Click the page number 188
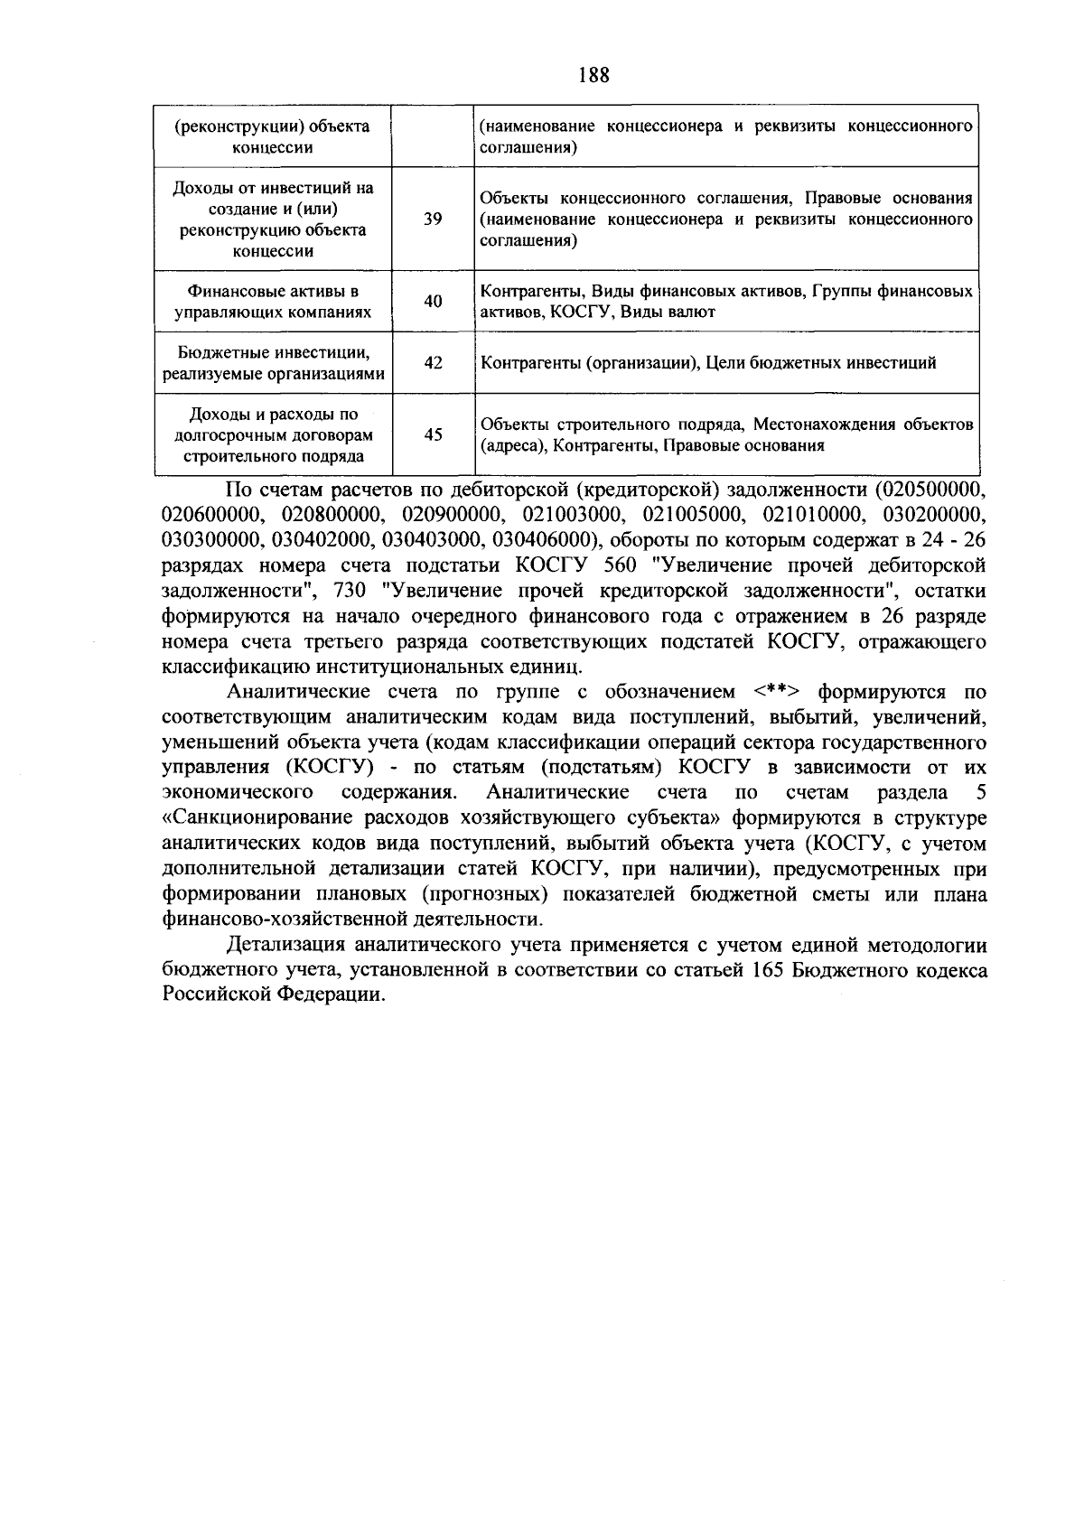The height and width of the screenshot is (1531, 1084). [593, 75]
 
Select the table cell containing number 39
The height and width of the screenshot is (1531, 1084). [433, 219]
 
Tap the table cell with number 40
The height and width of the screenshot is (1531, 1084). [433, 301]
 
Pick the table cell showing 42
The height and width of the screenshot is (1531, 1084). [433, 363]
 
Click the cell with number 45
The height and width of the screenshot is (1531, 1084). [433, 434]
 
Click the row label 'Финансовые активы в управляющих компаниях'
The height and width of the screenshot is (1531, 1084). [273, 302]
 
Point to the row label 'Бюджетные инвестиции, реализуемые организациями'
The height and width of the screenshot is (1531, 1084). [273, 363]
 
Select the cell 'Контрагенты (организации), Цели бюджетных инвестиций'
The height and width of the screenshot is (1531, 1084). [708, 363]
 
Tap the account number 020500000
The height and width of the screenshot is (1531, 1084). [930, 490]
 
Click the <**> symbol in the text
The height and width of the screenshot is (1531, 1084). [775, 693]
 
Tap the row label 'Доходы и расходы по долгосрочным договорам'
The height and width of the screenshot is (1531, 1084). [273, 434]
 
